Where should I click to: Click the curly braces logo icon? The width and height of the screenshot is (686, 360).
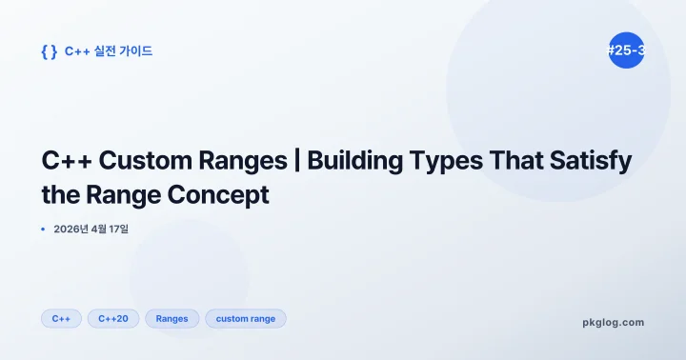(49, 51)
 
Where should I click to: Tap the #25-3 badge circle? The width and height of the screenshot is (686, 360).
(626, 51)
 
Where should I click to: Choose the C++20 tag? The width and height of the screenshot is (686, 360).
(112, 319)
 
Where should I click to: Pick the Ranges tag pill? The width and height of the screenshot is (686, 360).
(171, 319)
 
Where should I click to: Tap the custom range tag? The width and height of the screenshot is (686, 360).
(245, 319)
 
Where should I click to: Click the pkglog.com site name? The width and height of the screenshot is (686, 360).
(613, 322)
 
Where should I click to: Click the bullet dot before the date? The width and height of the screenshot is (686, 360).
(44, 230)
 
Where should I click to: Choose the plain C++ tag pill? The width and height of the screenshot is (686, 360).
(61, 319)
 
